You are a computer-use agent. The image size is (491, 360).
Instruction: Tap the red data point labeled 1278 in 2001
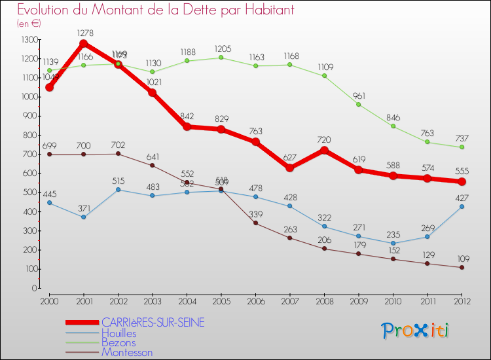click(84, 44)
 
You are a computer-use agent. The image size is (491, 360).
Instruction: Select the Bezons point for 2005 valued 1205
click(221, 58)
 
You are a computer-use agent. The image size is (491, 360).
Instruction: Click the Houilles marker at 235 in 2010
click(393, 243)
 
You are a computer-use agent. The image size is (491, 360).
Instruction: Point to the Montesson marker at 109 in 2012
click(462, 267)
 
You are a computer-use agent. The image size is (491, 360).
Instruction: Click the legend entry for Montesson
click(127, 352)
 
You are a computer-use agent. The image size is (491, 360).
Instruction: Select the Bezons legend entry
click(118, 342)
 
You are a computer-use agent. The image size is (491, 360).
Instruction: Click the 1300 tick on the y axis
click(29, 40)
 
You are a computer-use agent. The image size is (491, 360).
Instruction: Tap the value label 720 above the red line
click(324, 139)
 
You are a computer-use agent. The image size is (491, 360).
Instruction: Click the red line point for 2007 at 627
click(290, 168)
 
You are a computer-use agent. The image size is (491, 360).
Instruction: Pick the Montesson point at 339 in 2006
click(255, 223)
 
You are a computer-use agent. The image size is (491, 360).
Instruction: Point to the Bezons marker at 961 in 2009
click(359, 105)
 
